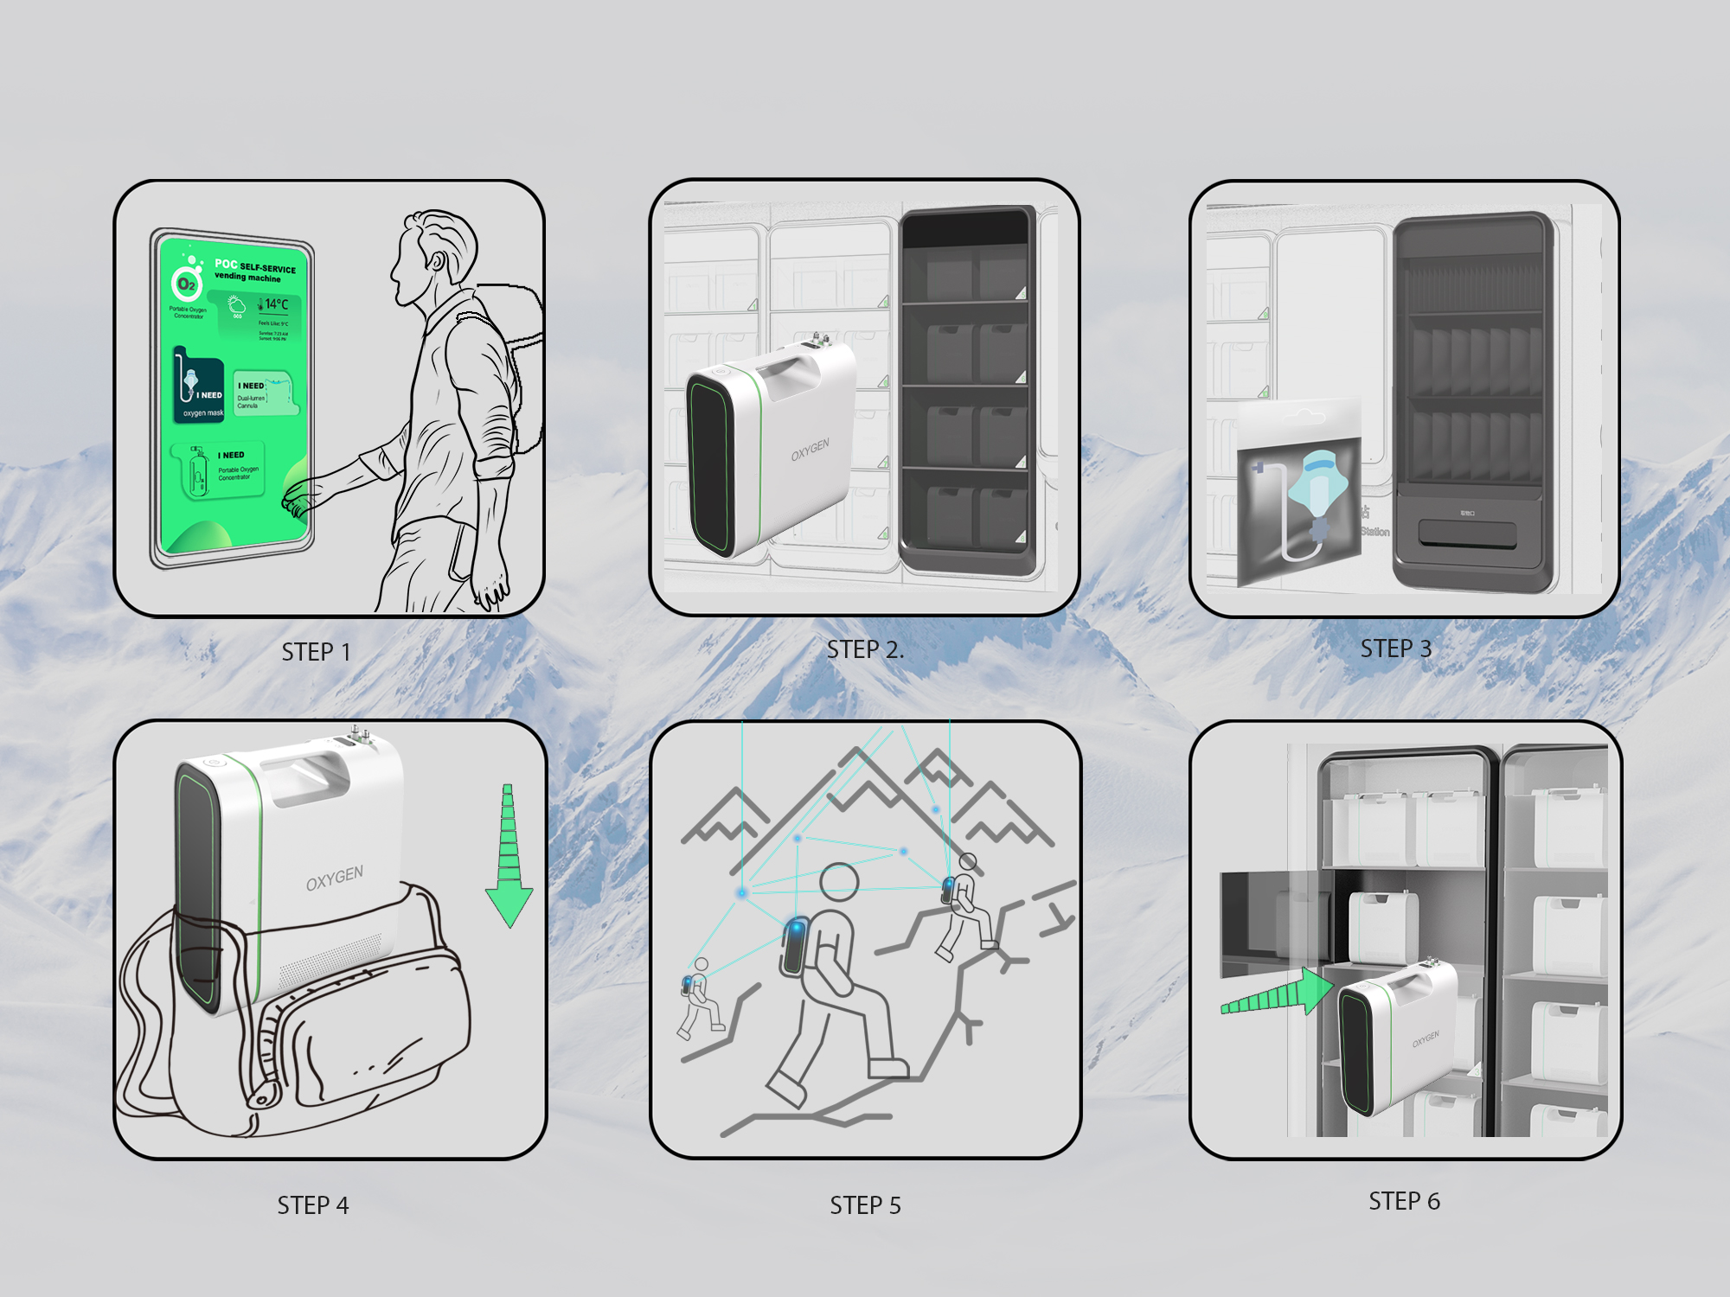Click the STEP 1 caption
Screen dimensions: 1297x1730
[x=316, y=652]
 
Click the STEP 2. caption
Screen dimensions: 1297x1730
[x=865, y=649]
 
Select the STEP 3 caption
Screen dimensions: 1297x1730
[x=1395, y=648]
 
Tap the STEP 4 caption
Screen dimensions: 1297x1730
[x=313, y=1205]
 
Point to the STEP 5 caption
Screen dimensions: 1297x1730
[x=865, y=1205]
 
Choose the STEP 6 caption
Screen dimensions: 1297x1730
[x=1404, y=1201]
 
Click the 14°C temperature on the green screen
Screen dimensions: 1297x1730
[x=276, y=304]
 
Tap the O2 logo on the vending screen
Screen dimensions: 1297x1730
[x=186, y=284]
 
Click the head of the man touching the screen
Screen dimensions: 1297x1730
[x=437, y=255]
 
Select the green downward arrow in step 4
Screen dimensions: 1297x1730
[x=509, y=856]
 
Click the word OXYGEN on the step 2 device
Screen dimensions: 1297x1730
[x=810, y=450]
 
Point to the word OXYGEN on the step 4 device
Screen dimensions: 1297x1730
[x=334, y=878]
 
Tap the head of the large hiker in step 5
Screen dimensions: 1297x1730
[x=839, y=882]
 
